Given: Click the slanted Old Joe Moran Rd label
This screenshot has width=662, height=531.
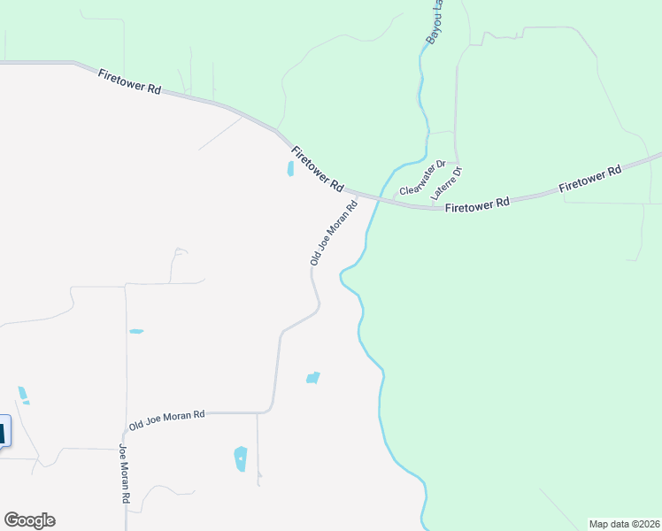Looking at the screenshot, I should click(334, 233).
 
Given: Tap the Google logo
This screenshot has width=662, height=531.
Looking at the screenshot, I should click(29, 520).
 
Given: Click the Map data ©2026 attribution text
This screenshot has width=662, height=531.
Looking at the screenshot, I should click(624, 524).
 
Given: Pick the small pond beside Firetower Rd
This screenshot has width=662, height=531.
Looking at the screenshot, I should click(290, 168).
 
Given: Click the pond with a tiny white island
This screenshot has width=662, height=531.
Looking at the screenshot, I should click(240, 458).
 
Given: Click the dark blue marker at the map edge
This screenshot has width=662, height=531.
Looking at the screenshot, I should click(4, 434).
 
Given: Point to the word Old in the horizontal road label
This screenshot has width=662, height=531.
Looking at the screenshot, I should click(137, 425).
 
